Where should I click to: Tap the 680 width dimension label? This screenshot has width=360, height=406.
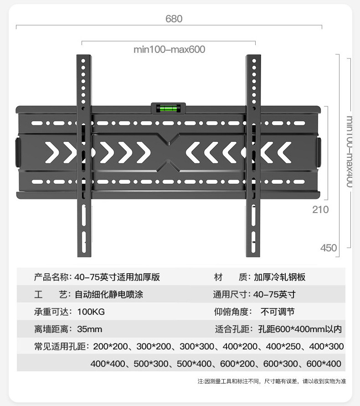tap(174, 19)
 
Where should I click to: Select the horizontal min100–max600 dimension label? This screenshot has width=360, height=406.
tap(169, 49)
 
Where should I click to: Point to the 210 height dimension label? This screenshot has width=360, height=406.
tap(320, 210)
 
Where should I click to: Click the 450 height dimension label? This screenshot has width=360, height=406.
tap(329, 248)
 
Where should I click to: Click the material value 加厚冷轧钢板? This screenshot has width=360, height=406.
tap(279, 277)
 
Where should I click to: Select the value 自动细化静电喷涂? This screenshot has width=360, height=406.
tap(108, 295)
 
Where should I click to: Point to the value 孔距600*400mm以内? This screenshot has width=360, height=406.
tap(299, 329)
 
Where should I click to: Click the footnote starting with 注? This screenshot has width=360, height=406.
tap(272, 381)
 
